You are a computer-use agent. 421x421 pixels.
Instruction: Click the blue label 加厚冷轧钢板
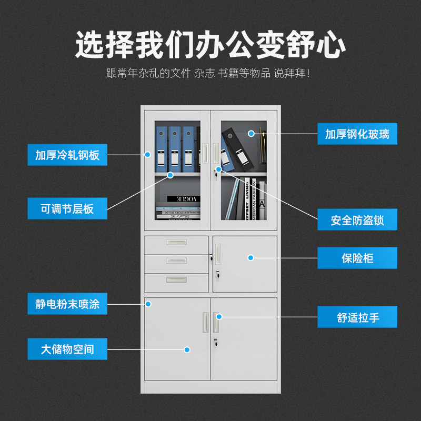click(67, 155)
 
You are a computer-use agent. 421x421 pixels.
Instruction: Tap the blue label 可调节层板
click(67, 208)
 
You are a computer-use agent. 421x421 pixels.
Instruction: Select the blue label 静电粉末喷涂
click(67, 304)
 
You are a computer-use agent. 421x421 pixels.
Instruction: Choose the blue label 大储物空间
click(67, 349)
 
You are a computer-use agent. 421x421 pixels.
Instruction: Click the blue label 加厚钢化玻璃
click(357, 134)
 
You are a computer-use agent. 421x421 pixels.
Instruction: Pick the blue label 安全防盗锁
click(357, 219)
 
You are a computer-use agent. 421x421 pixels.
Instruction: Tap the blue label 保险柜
click(357, 258)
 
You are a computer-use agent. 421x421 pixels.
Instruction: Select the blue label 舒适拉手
click(357, 317)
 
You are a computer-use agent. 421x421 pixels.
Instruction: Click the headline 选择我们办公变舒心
click(210, 45)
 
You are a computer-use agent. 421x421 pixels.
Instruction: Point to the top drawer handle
click(176, 243)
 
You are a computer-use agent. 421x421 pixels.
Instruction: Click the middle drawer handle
click(176, 260)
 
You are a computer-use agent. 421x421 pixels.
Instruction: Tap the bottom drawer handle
click(176, 279)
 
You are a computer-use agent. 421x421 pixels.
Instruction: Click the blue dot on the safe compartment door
click(251, 258)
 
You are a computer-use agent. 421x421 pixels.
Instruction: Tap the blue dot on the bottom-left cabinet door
click(186, 349)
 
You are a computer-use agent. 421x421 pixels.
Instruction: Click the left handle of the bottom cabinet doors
click(205, 323)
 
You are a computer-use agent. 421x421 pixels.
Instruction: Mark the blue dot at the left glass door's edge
click(148, 155)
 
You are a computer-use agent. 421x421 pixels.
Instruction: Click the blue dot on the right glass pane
click(252, 134)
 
